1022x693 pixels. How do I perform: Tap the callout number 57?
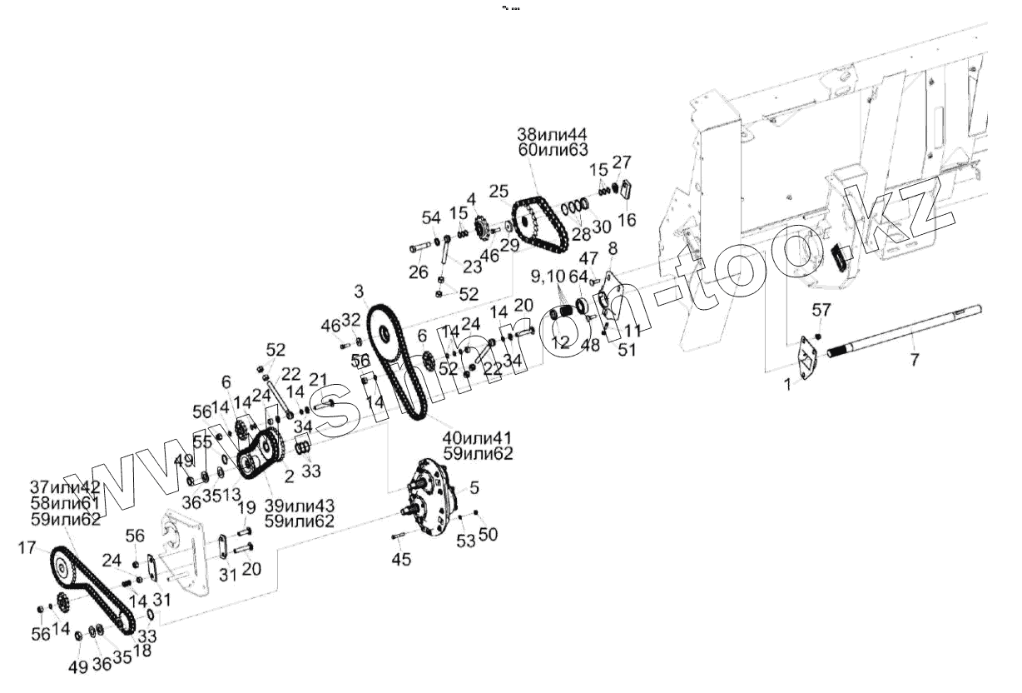coord(821,310)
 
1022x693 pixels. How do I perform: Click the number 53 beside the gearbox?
coord(465,541)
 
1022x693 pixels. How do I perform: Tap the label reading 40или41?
coord(479,438)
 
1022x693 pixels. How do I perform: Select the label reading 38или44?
coord(552,134)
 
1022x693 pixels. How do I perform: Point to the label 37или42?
coord(64,487)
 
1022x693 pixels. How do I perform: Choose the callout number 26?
coord(418,272)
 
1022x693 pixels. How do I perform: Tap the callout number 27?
coord(622,161)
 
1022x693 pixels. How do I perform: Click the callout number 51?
coord(627,351)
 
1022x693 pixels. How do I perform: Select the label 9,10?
coord(547,275)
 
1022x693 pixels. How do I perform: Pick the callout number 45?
coord(401,560)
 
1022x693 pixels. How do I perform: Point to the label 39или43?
coord(300,506)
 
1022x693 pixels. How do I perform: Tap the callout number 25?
coord(498,192)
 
